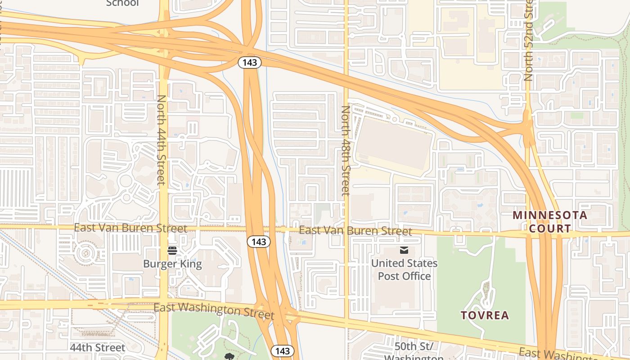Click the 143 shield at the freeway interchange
pos(250,63)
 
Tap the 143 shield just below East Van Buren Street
pos(259,242)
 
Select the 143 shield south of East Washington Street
pos(282,351)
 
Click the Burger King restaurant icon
pos(172,251)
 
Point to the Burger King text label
pos(172,264)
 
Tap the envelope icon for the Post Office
pos(404,250)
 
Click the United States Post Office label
pos(404,269)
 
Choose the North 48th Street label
pos(345,150)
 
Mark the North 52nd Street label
pos(528,40)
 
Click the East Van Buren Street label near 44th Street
pos(130,228)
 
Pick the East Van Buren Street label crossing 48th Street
pos(355,231)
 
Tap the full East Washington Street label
pos(214,310)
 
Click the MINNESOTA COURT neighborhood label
pos(550,221)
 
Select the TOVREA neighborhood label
pos(485,315)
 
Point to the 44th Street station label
pos(98,348)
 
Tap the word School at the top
pos(122,4)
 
